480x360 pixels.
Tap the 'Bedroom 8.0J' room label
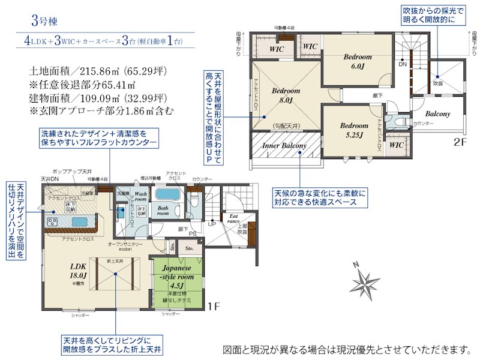coord(282,96)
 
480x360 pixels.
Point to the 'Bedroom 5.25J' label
coord(354,130)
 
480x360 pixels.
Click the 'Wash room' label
coord(140,199)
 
